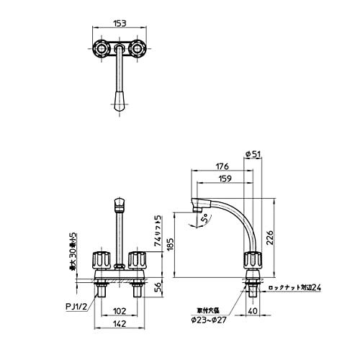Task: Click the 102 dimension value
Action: click(120, 312)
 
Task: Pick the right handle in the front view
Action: click(138, 260)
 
